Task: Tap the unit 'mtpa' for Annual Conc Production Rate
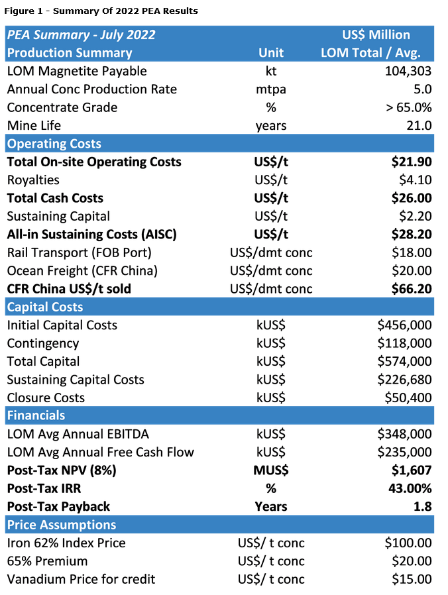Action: click(x=270, y=89)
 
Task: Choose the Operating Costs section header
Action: click(x=54, y=144)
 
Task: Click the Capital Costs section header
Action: click(x=45, y=307)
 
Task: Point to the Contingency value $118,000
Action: click(x=404, y=343)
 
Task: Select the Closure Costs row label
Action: click(x=46, y=398)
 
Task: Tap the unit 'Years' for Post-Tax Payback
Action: click(x=270, y=506)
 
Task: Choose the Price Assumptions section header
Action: click(x=61, y=525)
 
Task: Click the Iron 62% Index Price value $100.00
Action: click(x=408, y=543)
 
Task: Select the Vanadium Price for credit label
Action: click(x=81, y=579)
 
